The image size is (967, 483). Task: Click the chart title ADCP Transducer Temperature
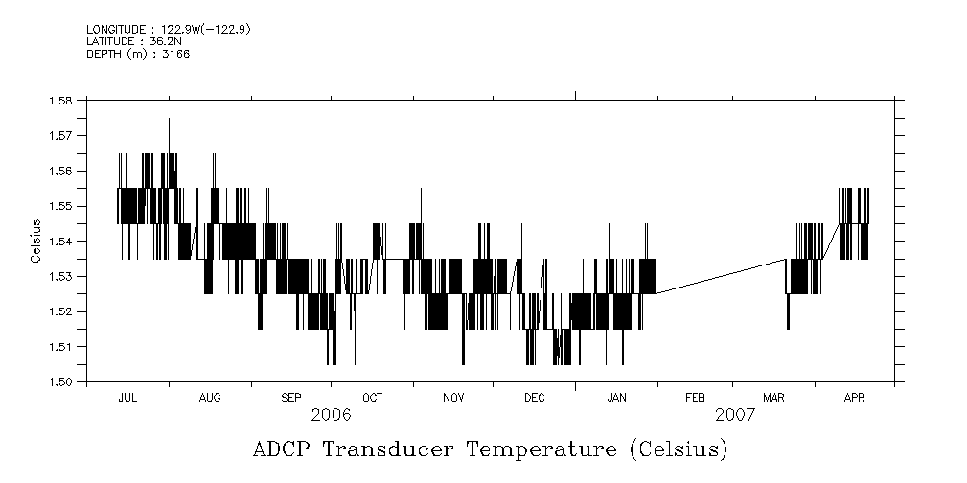click(490, 449)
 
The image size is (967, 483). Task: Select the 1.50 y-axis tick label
click(61, 381)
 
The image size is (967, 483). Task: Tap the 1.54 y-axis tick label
click(61, 241)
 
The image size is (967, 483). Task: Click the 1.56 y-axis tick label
click(61, 171)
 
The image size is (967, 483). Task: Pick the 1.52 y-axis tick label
click(61, 311)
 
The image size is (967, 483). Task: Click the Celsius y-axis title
click(35, 241)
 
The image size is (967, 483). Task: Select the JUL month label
click(127, 397)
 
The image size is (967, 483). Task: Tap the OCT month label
click(373, 397)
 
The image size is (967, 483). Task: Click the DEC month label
click(534, 397)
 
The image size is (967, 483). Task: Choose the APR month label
click(854, 397)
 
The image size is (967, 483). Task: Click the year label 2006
click(331, 416)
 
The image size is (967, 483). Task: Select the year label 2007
click(735, 416)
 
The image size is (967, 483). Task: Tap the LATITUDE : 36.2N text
click(127, 41)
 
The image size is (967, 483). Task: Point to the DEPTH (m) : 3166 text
click(138, 54)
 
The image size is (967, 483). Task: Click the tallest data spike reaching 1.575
click(169, 121)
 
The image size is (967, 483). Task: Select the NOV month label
click(453, 397)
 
